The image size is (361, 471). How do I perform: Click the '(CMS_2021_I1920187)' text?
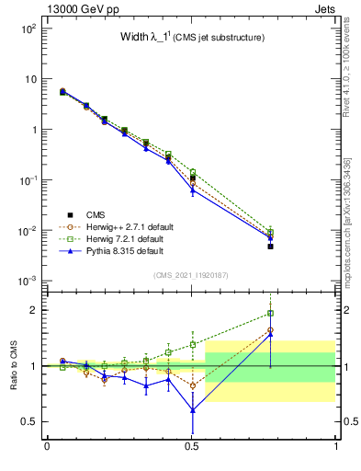click(x=191, y=275)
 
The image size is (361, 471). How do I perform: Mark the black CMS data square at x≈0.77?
click(x=270, y=247)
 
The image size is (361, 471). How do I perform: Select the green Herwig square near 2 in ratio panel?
click(x=270, y=313)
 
